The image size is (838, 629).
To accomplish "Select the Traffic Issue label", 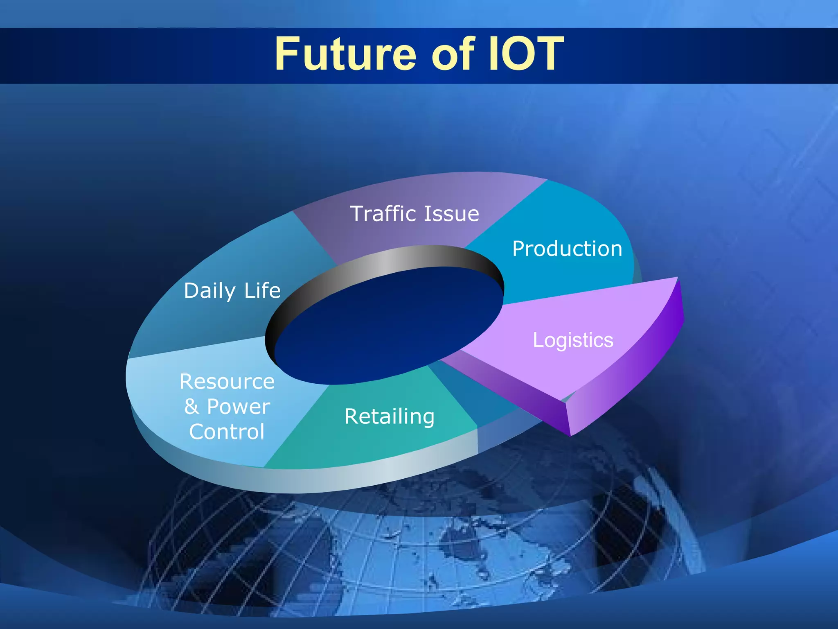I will (x=414, y=214).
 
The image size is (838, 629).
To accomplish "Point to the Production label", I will (x=567, y=249).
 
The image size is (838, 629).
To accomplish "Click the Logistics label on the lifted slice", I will (x=573, y=340).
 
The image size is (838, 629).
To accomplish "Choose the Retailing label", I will (x=389, y=416).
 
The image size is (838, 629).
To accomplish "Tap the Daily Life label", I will (x=232, y=291).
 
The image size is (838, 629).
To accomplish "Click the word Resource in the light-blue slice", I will (x=227, y=382).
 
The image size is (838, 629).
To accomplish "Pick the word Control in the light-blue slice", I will (x=227, y=432).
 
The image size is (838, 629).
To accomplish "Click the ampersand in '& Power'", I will (x=191, y=407).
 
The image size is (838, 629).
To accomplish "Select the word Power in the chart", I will (x=239, y=407).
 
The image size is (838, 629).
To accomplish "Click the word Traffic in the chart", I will (x=383, y=214).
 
